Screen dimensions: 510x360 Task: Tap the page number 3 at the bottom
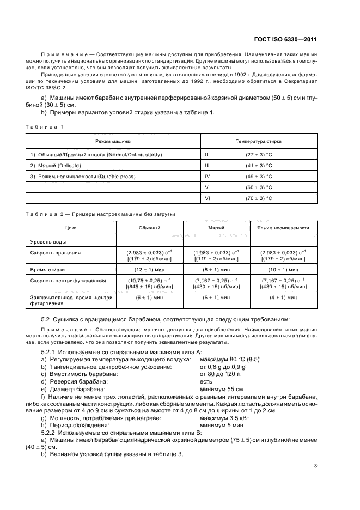coord(316,465)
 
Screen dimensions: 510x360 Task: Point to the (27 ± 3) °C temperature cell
coord(259,155)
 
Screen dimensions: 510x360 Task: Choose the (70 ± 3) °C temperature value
coord(259,198)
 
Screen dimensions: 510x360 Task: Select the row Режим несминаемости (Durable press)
coord(83,177)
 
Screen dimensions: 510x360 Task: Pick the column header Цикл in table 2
coord(71,228)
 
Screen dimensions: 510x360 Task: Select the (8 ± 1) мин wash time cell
coord(216,269)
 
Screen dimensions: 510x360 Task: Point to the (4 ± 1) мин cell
coord(283,297)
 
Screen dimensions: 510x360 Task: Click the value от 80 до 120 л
coord(221,375)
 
